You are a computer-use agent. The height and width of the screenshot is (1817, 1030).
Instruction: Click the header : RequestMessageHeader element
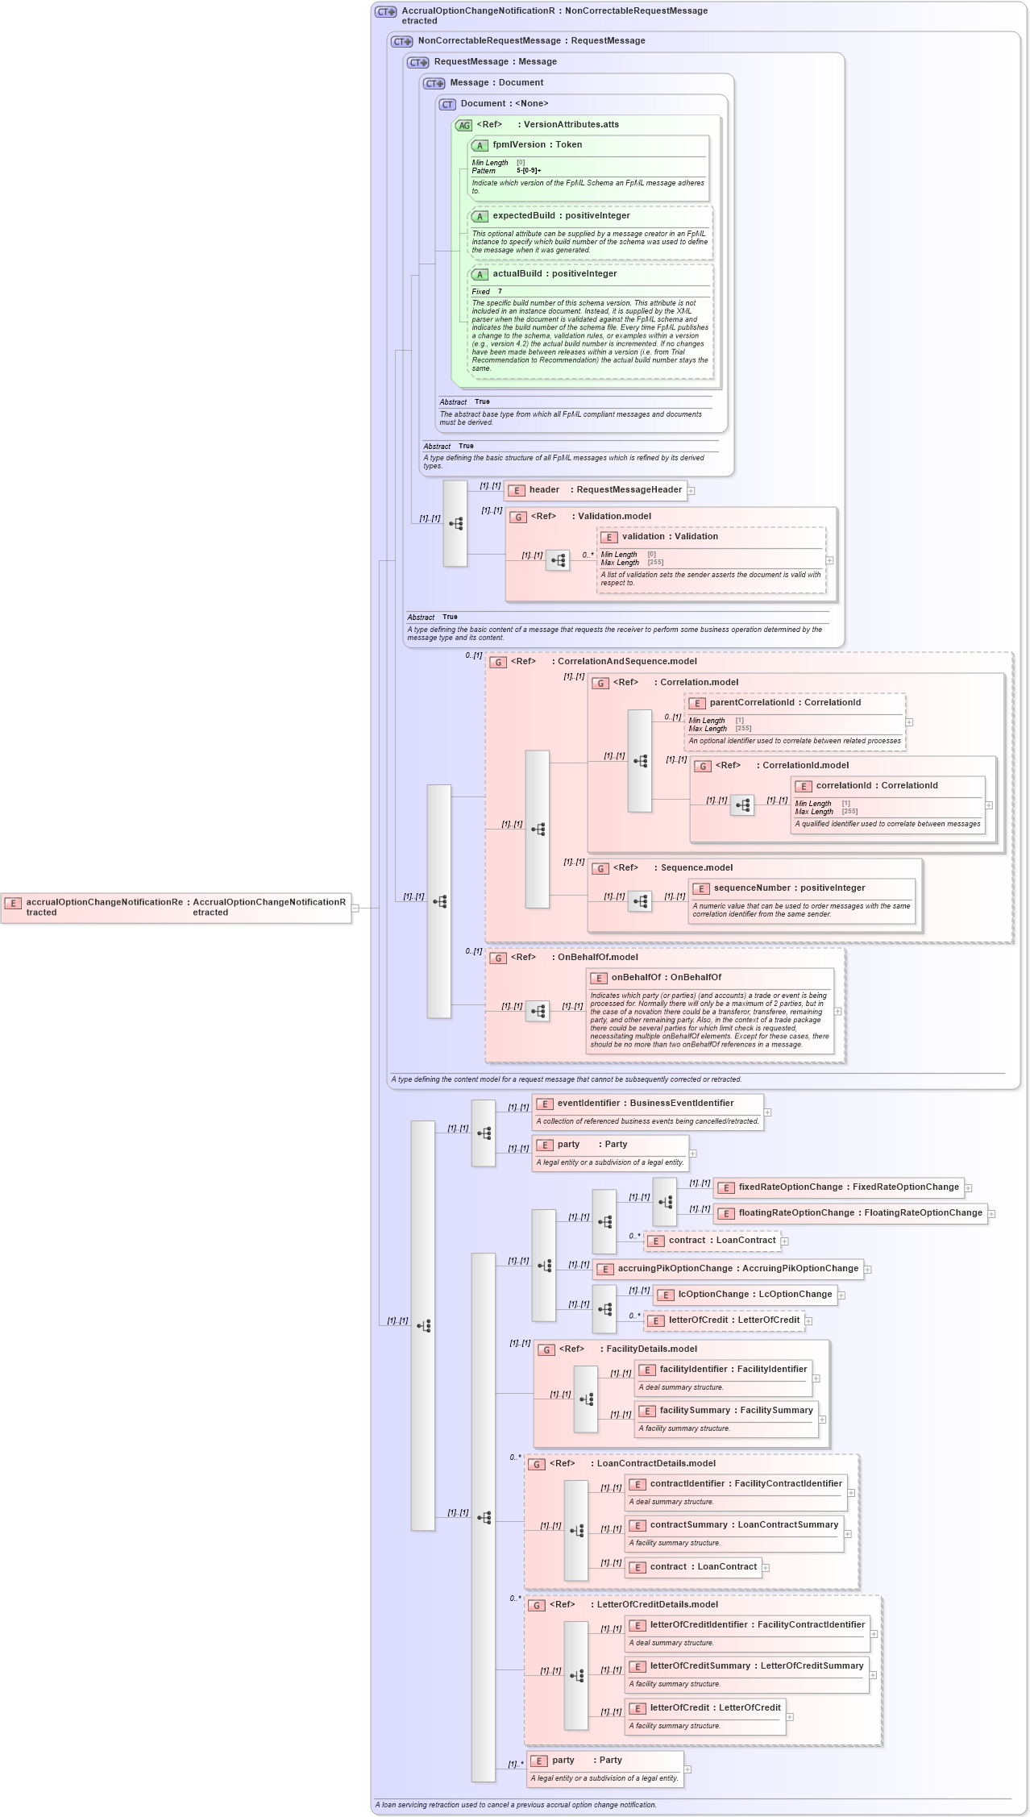point(596,490)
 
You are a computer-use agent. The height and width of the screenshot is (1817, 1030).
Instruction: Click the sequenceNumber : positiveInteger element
point(788,888)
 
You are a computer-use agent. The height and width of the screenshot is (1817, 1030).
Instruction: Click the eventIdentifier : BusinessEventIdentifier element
point(645,1104)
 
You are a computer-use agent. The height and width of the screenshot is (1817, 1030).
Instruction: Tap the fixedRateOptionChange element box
point(839,1187)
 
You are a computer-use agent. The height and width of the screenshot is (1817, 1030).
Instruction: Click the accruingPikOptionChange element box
point(728,1269)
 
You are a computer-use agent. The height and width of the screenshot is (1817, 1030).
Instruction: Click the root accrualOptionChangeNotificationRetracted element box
point(176,908)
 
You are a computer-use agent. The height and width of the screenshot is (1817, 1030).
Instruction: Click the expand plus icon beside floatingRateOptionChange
point(992,1214)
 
